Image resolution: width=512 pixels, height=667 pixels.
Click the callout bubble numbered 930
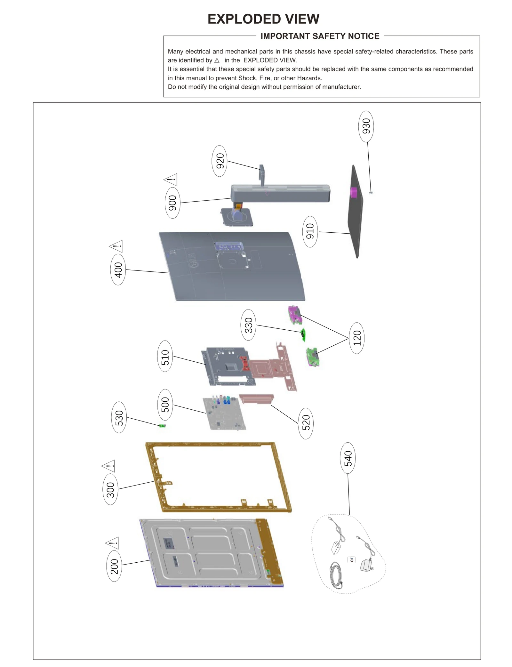pos(366,126)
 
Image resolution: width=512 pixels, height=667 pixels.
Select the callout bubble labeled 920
pos(220,161)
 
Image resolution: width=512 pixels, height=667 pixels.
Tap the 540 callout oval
pos(348,458)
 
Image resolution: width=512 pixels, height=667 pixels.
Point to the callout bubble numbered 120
pos(357,338)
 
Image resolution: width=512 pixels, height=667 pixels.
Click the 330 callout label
pos(248,325)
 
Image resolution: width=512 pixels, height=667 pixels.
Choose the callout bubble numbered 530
pos(119,417)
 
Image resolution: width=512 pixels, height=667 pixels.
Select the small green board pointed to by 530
pos(163,426)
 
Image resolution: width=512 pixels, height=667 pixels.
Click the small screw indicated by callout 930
pos(371,192)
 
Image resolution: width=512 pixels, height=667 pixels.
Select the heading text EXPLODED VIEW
pos(263,19)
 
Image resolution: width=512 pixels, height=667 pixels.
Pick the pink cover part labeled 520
pos(256,398)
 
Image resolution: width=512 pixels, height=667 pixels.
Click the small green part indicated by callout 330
pos(303,334)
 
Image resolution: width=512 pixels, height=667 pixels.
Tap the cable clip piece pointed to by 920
pos(262,174)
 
